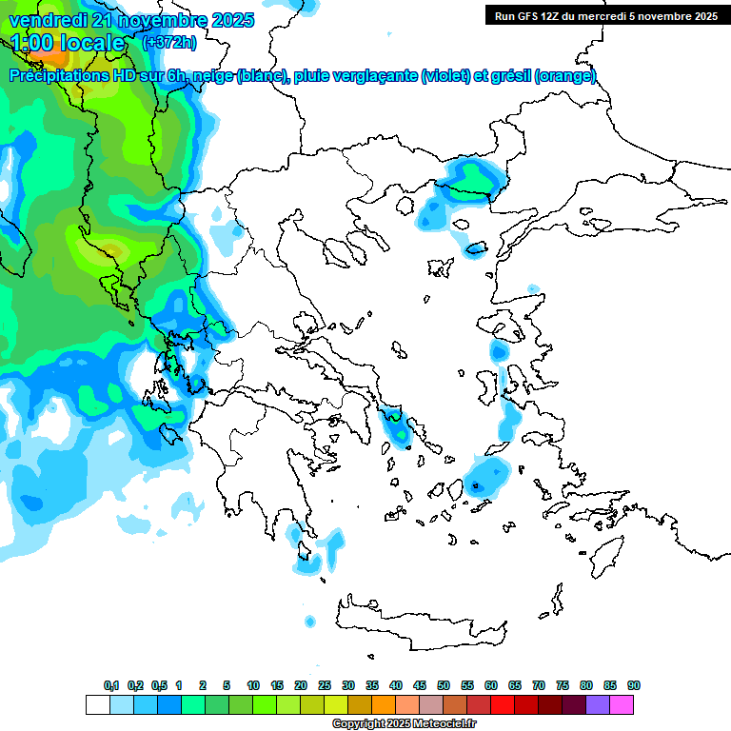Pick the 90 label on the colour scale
[634, 685]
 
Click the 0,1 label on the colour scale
[111, 685]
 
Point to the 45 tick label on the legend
[420, 685]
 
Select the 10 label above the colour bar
[253, 685]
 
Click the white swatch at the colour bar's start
[97, 704]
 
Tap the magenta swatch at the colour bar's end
[622, 704]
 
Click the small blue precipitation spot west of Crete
[309, 622]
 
